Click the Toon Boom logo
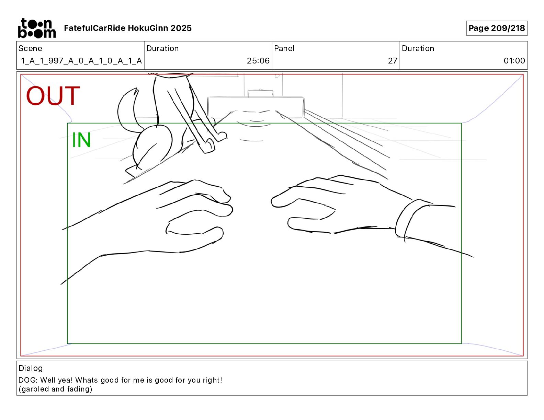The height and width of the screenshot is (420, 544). coord(37,28)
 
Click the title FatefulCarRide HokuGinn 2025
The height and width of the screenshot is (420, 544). coord(128,28)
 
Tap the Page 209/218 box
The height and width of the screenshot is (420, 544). coord(497,28)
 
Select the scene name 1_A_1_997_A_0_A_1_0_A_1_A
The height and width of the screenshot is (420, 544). coord(81,61)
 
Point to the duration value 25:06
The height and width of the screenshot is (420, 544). coord(258,60)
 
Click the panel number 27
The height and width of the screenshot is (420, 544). coord(392,60)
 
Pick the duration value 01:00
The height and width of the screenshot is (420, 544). coord(514,60)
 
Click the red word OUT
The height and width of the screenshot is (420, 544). coord(53,95)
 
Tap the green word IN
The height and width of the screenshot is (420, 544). coord(81,140)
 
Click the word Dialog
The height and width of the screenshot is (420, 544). coord(31,368)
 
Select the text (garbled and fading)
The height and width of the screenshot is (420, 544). coord(55,389)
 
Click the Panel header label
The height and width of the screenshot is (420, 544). coord(284,48)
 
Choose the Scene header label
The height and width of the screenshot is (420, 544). coord(30,48)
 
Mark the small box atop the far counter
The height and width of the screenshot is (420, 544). coord(260,93)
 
